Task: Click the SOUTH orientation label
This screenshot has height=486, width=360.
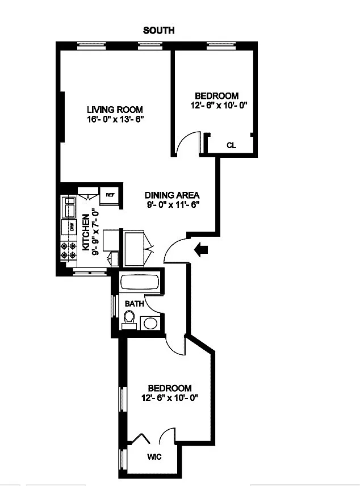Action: click(158, 30)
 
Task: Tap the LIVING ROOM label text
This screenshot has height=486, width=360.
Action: click(114, 110)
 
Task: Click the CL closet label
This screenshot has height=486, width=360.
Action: click(231, 145)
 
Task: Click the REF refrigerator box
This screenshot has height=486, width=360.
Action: click(110, 196)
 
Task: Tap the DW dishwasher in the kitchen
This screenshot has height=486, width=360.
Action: click(72, 227)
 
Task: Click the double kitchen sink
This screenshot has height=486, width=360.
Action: click(70, 207)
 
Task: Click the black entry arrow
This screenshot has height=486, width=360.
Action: click(201, 248)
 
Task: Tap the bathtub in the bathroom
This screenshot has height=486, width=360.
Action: click(140, 282)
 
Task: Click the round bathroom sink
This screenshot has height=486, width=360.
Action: click(149, 323)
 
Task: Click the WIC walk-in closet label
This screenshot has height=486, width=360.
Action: click(154, 456)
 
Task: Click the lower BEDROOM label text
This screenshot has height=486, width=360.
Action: click(169, 388)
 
